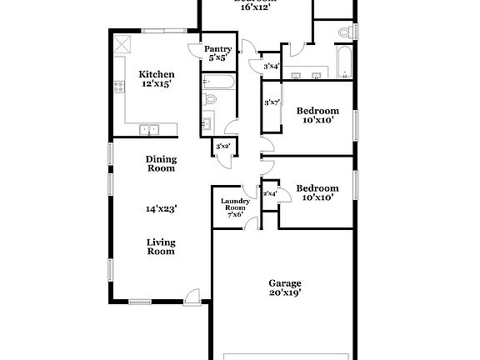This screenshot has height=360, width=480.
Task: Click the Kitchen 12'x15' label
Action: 155,79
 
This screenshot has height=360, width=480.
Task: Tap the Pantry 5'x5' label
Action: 217,54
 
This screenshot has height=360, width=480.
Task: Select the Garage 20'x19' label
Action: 284,287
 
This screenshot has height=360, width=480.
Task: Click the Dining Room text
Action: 161,163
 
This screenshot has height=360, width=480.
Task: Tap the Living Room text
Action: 161,247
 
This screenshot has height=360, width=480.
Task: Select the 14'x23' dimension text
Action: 161,209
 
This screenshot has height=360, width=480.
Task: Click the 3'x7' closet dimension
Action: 271,102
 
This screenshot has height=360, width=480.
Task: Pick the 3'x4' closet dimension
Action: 271,66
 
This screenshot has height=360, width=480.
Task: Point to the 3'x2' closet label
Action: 223,147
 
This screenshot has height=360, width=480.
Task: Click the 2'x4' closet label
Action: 270,193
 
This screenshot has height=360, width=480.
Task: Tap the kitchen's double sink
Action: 149,128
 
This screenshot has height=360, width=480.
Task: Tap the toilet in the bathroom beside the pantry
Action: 210,100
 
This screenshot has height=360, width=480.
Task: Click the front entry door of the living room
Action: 193,294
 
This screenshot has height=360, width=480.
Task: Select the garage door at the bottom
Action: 284,357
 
